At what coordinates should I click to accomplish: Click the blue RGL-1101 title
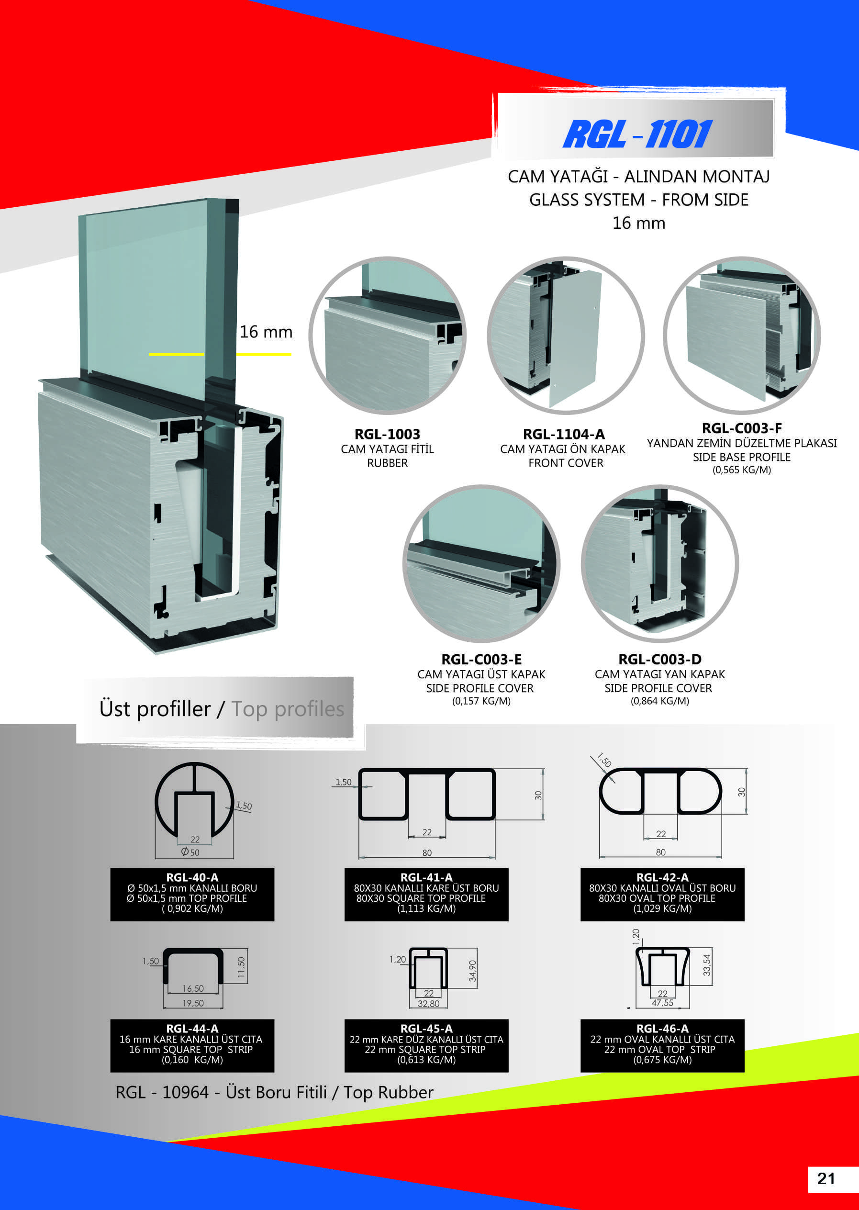(637, 134)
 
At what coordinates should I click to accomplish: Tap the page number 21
(826, 1178)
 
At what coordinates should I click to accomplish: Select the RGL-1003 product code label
(387, 434)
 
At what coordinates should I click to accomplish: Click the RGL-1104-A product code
(564, 434)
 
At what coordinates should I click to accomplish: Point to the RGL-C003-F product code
(742, 428)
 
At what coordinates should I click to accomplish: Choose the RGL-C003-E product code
(481, 659)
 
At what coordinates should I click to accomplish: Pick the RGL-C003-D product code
(659, 659)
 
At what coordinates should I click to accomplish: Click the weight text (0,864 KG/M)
(659, 701)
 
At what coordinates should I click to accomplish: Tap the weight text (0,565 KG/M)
(742, 470)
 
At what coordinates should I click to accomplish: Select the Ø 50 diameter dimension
(190, 852)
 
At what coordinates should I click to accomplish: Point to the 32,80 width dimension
(428, 1004)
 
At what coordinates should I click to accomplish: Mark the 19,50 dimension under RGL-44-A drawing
(193, 1003)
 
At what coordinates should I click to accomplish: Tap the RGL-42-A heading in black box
(662, 877)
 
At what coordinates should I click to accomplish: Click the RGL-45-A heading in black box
(426, 1029)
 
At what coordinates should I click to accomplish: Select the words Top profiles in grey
(288, 709)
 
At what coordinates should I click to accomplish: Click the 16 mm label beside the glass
(266, 332)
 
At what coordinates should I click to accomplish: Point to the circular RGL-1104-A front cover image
(566, 336)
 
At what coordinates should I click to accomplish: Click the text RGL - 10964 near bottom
(162, 1092)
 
